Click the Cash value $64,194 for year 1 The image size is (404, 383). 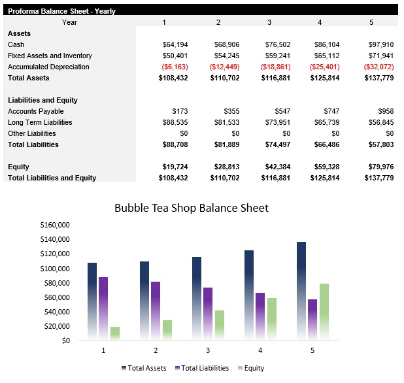(175, 44)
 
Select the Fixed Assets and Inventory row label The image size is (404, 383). (50, 56)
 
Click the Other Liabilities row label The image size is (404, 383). (31, 133)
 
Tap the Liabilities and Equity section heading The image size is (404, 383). (42, 100)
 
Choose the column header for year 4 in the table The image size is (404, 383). (320, 22)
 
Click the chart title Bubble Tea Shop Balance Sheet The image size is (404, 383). (192, 208)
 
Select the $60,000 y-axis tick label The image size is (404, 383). (58, 297)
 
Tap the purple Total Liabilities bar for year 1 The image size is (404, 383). (103, 307)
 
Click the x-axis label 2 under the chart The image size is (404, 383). (156, 351)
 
